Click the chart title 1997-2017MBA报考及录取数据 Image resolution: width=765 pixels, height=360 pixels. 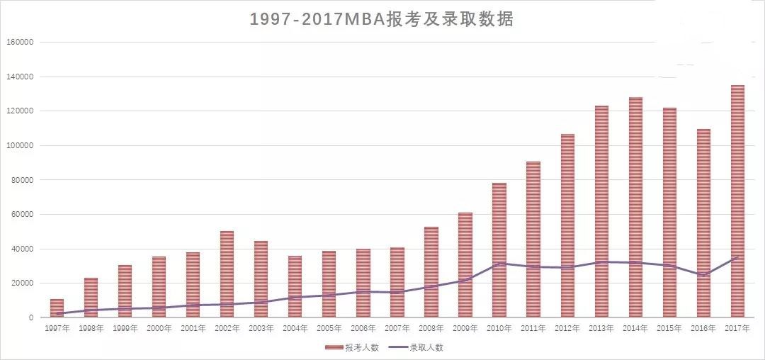coord(382,19)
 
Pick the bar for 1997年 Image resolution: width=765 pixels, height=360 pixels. coord(57,308)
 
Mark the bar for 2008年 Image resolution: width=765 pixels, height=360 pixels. coord(431,272)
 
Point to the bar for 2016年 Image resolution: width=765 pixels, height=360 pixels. coord(703,223)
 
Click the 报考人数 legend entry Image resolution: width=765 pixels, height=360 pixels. coord(348,347)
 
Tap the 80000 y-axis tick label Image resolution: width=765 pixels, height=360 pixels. coord(21,180)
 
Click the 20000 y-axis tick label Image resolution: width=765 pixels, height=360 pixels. coord(21,283)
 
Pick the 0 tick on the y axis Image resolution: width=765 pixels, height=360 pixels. coord(30,318)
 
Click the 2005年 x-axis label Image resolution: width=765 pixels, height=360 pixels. coord(329,328)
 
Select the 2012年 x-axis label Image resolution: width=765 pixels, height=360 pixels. coord(567,328)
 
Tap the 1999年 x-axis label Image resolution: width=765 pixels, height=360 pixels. coord(125,328)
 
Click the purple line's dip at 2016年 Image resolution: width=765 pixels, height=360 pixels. coord(703,275)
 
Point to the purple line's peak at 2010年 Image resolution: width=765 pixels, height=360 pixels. coord(499,264)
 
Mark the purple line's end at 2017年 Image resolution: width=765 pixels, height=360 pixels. coord(737,257)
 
